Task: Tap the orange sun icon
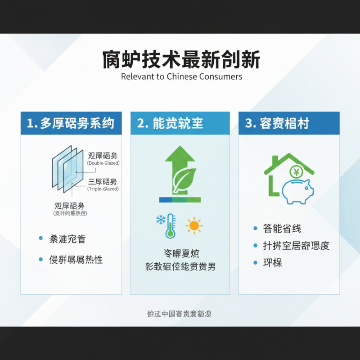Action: [x=194, y=225]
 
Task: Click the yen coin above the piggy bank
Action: [x=296, y=171]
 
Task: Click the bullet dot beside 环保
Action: [x=255, y=262]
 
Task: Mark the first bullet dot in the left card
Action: [x=41, y=238]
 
